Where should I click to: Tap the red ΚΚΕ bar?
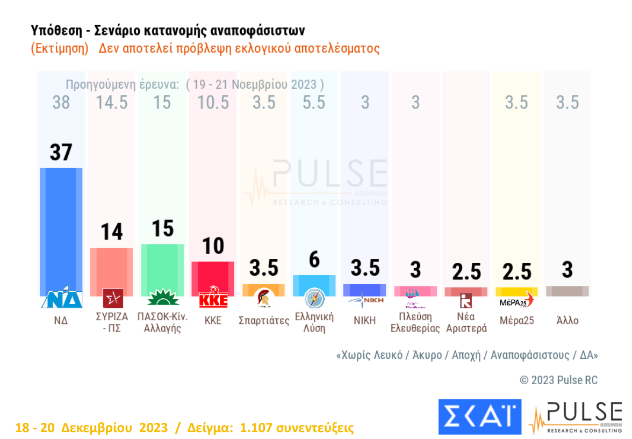click(x=213, y=277)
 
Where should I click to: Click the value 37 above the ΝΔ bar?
click(x=61, y=153)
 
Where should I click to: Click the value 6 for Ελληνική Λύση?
click(x=314, y=260)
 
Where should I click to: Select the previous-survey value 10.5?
click(x=213, y=102)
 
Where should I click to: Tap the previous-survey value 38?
click(x=61, y=102)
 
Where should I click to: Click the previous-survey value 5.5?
click(x=314, y=102)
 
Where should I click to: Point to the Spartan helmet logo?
click(x=264, y=299)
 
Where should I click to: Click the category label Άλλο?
click(x=568, y=321)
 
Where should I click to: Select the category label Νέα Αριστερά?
click(x=466, y=322)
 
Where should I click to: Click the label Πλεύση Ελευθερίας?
click(x=415, y=322)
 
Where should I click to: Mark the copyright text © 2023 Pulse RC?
click(x=558, y=380)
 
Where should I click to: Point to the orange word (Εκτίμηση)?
click(x=60, y=48)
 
